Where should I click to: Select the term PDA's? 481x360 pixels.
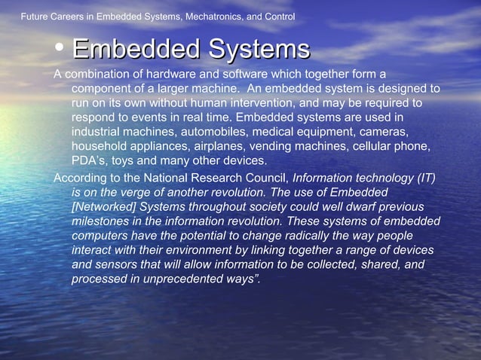[x=90, y=161]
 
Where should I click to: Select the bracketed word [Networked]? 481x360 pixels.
[x=107, y=207]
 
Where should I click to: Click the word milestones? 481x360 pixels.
[x=103, y=221]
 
